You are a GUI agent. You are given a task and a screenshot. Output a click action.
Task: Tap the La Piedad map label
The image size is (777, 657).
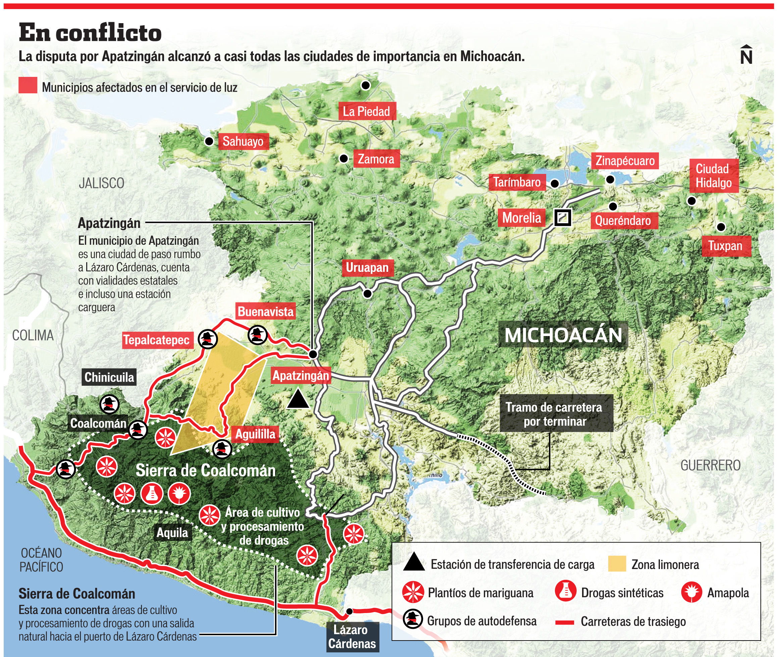[x=367, y=111]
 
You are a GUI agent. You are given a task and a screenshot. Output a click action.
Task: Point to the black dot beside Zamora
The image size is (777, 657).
[x=344, y=159]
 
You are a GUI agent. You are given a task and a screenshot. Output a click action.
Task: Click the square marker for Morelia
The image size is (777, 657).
[x=562, y=218]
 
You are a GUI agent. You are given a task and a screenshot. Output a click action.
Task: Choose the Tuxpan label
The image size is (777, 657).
[x=725, y=246]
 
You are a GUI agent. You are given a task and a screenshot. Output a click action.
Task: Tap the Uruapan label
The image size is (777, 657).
[x=367, y=268]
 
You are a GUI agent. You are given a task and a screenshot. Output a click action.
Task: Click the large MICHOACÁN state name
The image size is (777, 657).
[x=563, y=335]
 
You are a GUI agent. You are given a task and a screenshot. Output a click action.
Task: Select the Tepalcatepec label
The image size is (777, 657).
[x=157, y=340]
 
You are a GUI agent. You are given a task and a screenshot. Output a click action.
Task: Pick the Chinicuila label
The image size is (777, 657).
[x=109, y=377]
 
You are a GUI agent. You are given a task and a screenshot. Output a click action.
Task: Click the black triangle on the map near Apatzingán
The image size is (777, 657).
[x=298, y=400]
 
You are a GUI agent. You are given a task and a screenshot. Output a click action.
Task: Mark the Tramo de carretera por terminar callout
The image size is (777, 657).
[x=554, y=414]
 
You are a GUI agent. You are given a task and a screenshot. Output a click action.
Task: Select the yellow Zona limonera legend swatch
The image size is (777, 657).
[x=617, y=564]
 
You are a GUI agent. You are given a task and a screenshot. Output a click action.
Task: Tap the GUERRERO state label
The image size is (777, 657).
[x=710, y=466]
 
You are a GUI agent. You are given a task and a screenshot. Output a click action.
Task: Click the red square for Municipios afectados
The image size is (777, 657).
[x=28, y=85]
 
